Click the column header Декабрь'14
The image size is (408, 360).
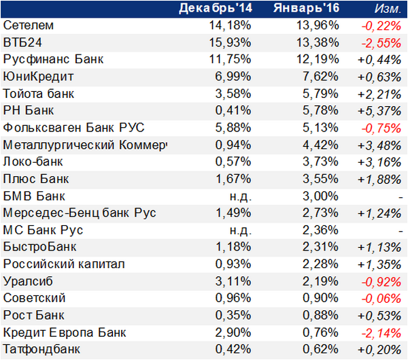(216, 8)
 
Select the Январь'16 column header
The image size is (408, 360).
(306, 8)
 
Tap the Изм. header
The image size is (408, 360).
(388, 9)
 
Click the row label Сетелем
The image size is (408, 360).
(29, 25)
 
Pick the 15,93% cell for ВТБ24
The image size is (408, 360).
(230, 42)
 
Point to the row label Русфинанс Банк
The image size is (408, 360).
(53, 60)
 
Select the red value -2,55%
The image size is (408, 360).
(381, 44)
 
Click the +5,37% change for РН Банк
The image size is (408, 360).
(379, 111)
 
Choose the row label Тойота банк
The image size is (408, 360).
(39, 94)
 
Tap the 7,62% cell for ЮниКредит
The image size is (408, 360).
(320, 77)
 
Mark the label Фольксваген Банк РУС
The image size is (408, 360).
(73, 128)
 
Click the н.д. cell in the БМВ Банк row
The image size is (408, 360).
(241, 197)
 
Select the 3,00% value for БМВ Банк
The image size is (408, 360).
(320, 196)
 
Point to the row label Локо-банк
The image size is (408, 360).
(33, 162)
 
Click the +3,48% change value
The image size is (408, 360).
(379, 146)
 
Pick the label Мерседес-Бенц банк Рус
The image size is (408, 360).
(80, 213)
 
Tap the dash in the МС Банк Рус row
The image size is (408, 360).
(401, 231)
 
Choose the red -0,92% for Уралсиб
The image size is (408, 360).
(381, 282)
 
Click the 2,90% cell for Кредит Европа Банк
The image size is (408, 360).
(233, 333)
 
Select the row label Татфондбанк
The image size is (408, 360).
(41, 350)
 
